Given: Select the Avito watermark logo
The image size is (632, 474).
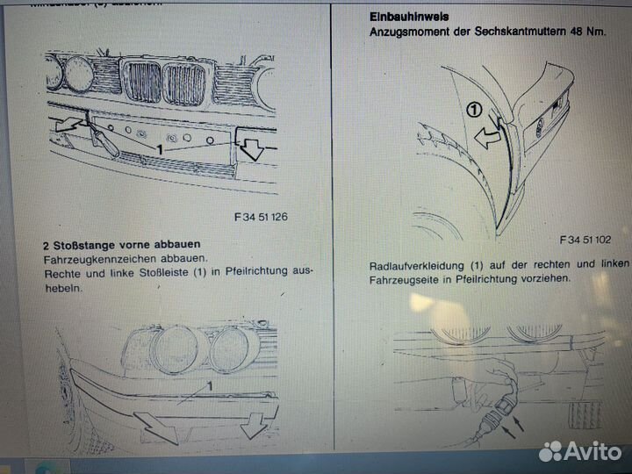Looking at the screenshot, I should point(580,451).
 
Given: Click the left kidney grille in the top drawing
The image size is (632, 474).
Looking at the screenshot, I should point(143,82).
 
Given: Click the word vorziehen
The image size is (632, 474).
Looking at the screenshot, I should point(543,278).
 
